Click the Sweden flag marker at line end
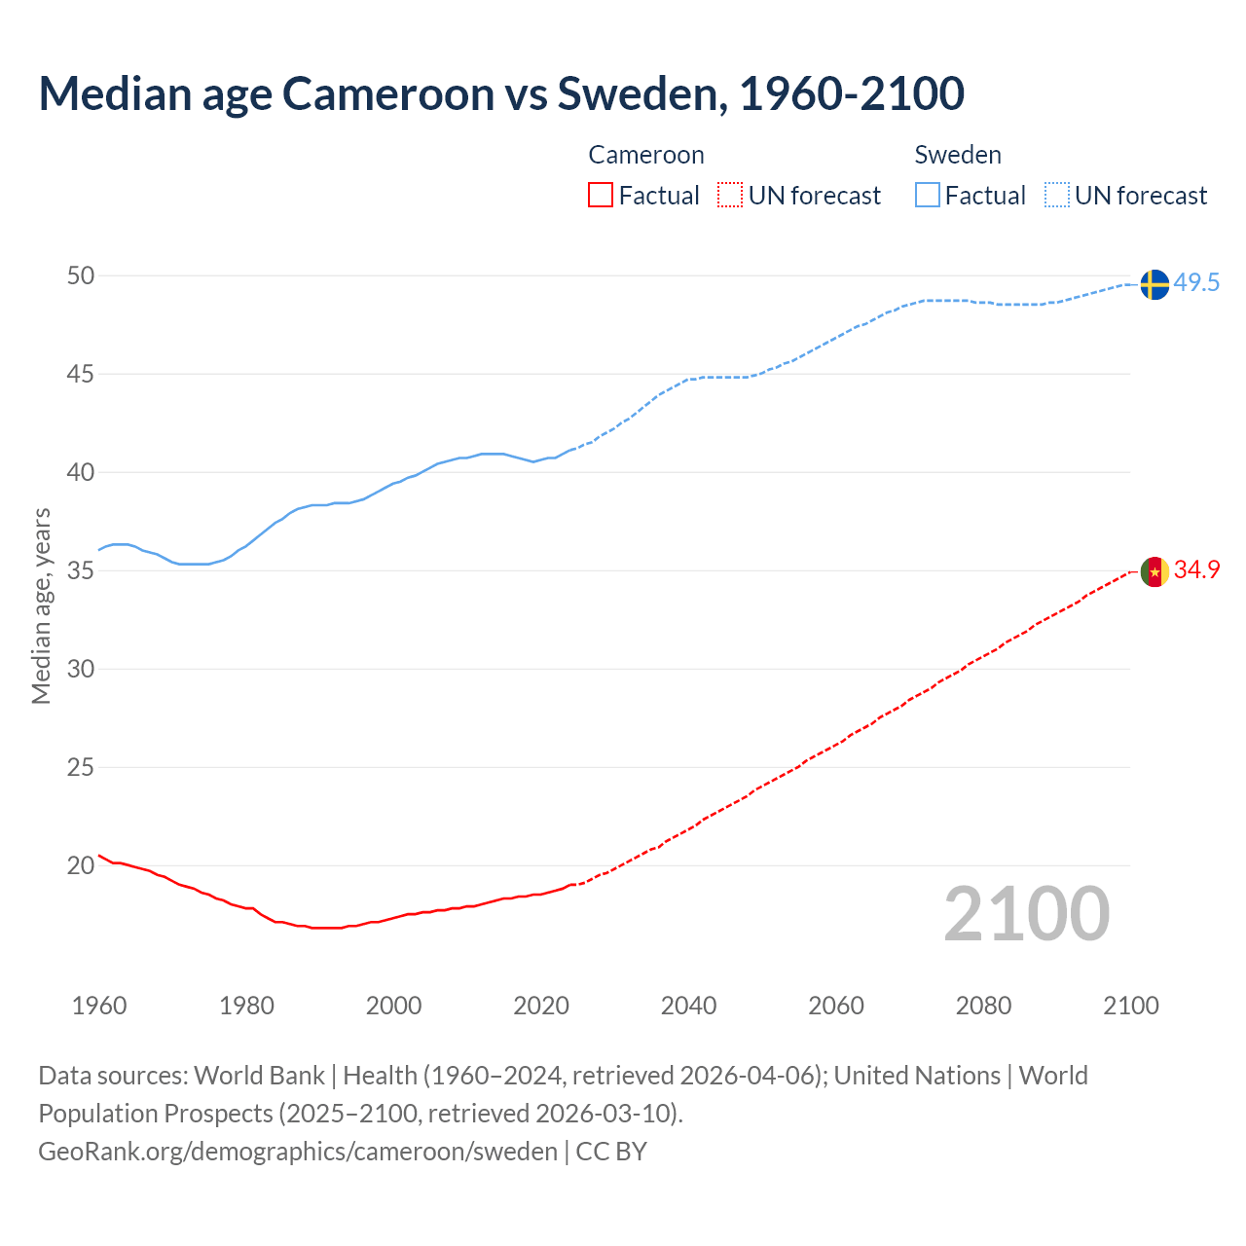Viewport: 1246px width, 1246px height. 1154,284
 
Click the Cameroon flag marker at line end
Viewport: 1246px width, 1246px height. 1154,571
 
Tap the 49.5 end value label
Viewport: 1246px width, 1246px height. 1196,283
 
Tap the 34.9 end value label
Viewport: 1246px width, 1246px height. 1196,570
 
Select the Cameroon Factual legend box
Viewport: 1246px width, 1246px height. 601,196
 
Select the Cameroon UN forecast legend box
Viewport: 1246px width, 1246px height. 730,196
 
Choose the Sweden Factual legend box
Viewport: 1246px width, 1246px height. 928,196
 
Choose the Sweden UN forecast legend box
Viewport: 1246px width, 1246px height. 1057,196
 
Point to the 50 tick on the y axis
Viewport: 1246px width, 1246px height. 81,276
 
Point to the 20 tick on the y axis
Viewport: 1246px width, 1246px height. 81,865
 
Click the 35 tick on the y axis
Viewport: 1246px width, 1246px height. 81,570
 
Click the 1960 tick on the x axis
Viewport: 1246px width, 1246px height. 99,1006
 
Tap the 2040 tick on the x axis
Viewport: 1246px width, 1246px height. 688,1006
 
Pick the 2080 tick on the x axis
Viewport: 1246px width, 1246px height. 983,1006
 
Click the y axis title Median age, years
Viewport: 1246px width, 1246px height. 41,605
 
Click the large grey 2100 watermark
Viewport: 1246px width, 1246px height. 1026,914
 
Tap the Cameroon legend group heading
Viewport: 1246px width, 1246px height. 646,155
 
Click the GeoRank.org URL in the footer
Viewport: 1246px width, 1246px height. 298,1152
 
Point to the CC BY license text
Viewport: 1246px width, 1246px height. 611,1152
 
